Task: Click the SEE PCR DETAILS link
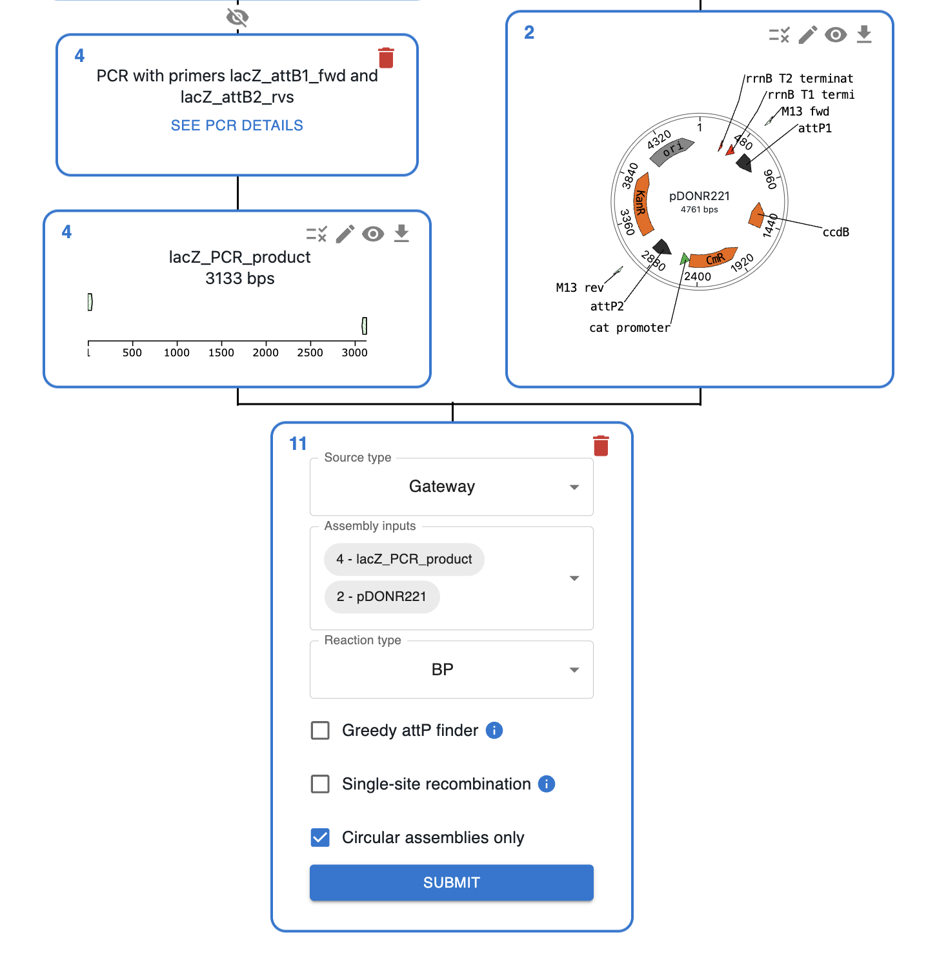click(x=237, y=125)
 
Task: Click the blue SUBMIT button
click(x=451, y=882)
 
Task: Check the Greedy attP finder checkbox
click(x=320, y=730)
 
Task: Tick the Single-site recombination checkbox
click(x=320, y=784)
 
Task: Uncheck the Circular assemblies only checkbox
click(x=320, y=837)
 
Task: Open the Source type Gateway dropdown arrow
click(x=574, y=487)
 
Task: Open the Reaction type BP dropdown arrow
click(x=574, y=670)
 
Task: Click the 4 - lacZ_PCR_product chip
click(x=404, y=559)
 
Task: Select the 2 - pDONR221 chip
click(x=381, y=596)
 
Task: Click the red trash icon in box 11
click(x=601, y=445)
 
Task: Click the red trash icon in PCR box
click(x=386, y=57)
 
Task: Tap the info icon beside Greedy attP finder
click(x=494, y=730)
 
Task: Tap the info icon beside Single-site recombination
click(x=547, y=784)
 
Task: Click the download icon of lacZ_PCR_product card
click(x=401, y=233)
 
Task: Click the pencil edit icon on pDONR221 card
click(x=807, y=35)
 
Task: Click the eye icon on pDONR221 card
click(x=836, y=35)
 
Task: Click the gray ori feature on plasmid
click(x=672, y=149)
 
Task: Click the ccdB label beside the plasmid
click(x=836, y=232)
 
